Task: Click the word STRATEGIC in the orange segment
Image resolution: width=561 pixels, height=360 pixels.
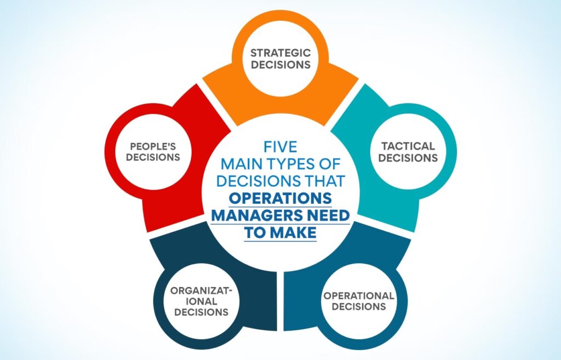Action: pos(280,53)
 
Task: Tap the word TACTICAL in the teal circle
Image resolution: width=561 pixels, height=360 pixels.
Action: pos(408,146)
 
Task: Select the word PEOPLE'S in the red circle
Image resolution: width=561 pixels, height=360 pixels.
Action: pos(153,146)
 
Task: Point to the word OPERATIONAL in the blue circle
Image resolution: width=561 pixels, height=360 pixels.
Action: pos(359,296)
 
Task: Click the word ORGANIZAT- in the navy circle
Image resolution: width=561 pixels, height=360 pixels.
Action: pos(202,290)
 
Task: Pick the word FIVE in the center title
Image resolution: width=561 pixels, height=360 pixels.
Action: pos(280,147)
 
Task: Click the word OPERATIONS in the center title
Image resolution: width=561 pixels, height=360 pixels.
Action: pos(280,198)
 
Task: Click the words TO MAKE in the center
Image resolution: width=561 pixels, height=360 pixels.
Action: pos(280,233)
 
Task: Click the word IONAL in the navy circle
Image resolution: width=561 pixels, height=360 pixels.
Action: pos(202,301)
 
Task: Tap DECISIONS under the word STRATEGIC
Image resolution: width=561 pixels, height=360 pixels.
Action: pos(280,65)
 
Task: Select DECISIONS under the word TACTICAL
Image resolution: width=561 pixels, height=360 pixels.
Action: pos(408,158)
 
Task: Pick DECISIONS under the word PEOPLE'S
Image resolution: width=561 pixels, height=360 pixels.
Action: pos(153,157)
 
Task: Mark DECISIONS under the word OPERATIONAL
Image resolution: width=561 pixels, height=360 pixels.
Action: pos(359,307)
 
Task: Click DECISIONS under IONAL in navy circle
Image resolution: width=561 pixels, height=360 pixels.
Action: pos(202,312)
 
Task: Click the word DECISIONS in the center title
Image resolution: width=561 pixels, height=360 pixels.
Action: pos(258,181)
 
